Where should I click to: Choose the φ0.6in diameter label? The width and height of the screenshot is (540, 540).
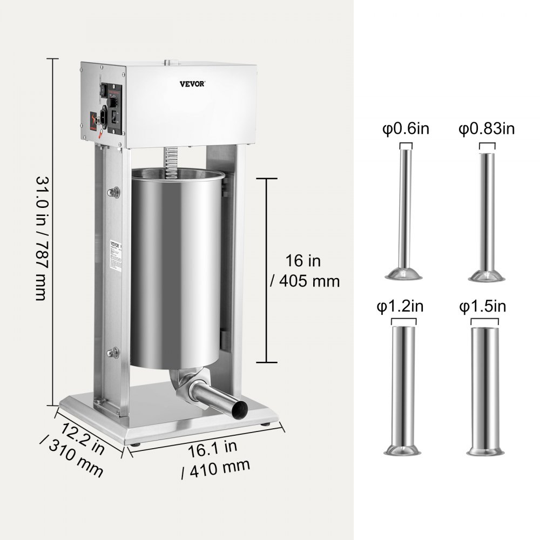[x=406, y=130]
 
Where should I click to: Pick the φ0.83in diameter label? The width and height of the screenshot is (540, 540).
[x=487, y=130]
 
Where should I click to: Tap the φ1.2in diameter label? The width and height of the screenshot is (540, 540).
[x=400, y=307]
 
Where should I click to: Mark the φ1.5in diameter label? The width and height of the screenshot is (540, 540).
[x=482, y=307]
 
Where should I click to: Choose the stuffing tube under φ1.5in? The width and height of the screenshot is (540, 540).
[x=487, y=389]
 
